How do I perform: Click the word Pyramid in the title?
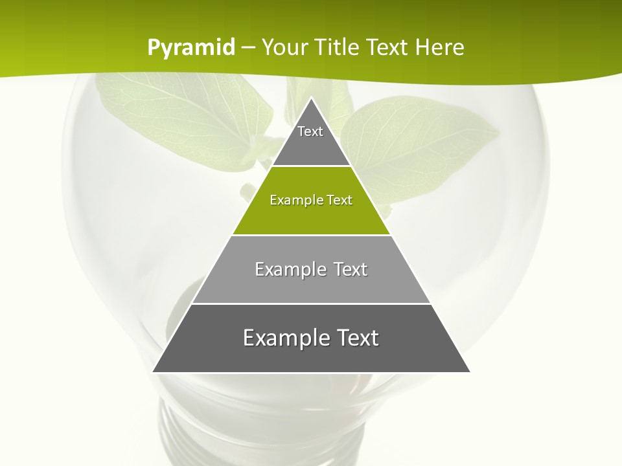[191, 47]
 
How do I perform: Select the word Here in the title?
[439, 47]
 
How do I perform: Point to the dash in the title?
[248, 48]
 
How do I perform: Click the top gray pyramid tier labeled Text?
[310, 139]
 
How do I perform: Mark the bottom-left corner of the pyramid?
[154, 372]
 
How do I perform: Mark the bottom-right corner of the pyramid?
[469, 372]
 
